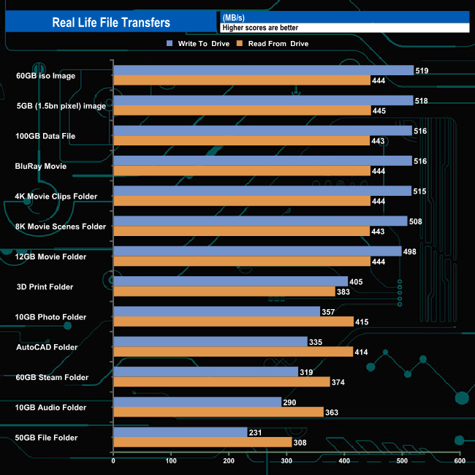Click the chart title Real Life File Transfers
pos(111,22)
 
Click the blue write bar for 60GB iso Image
pos(263,70)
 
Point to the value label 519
pos(421,71)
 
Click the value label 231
pos(255,433)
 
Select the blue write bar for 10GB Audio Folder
pos(197,402)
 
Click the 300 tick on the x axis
pos(286,460)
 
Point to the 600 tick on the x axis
pos(460,460)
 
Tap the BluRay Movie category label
pos(41,166)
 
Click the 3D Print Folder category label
pos(45,286)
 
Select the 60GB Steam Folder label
pos(52,377)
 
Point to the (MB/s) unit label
pos(234,17)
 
